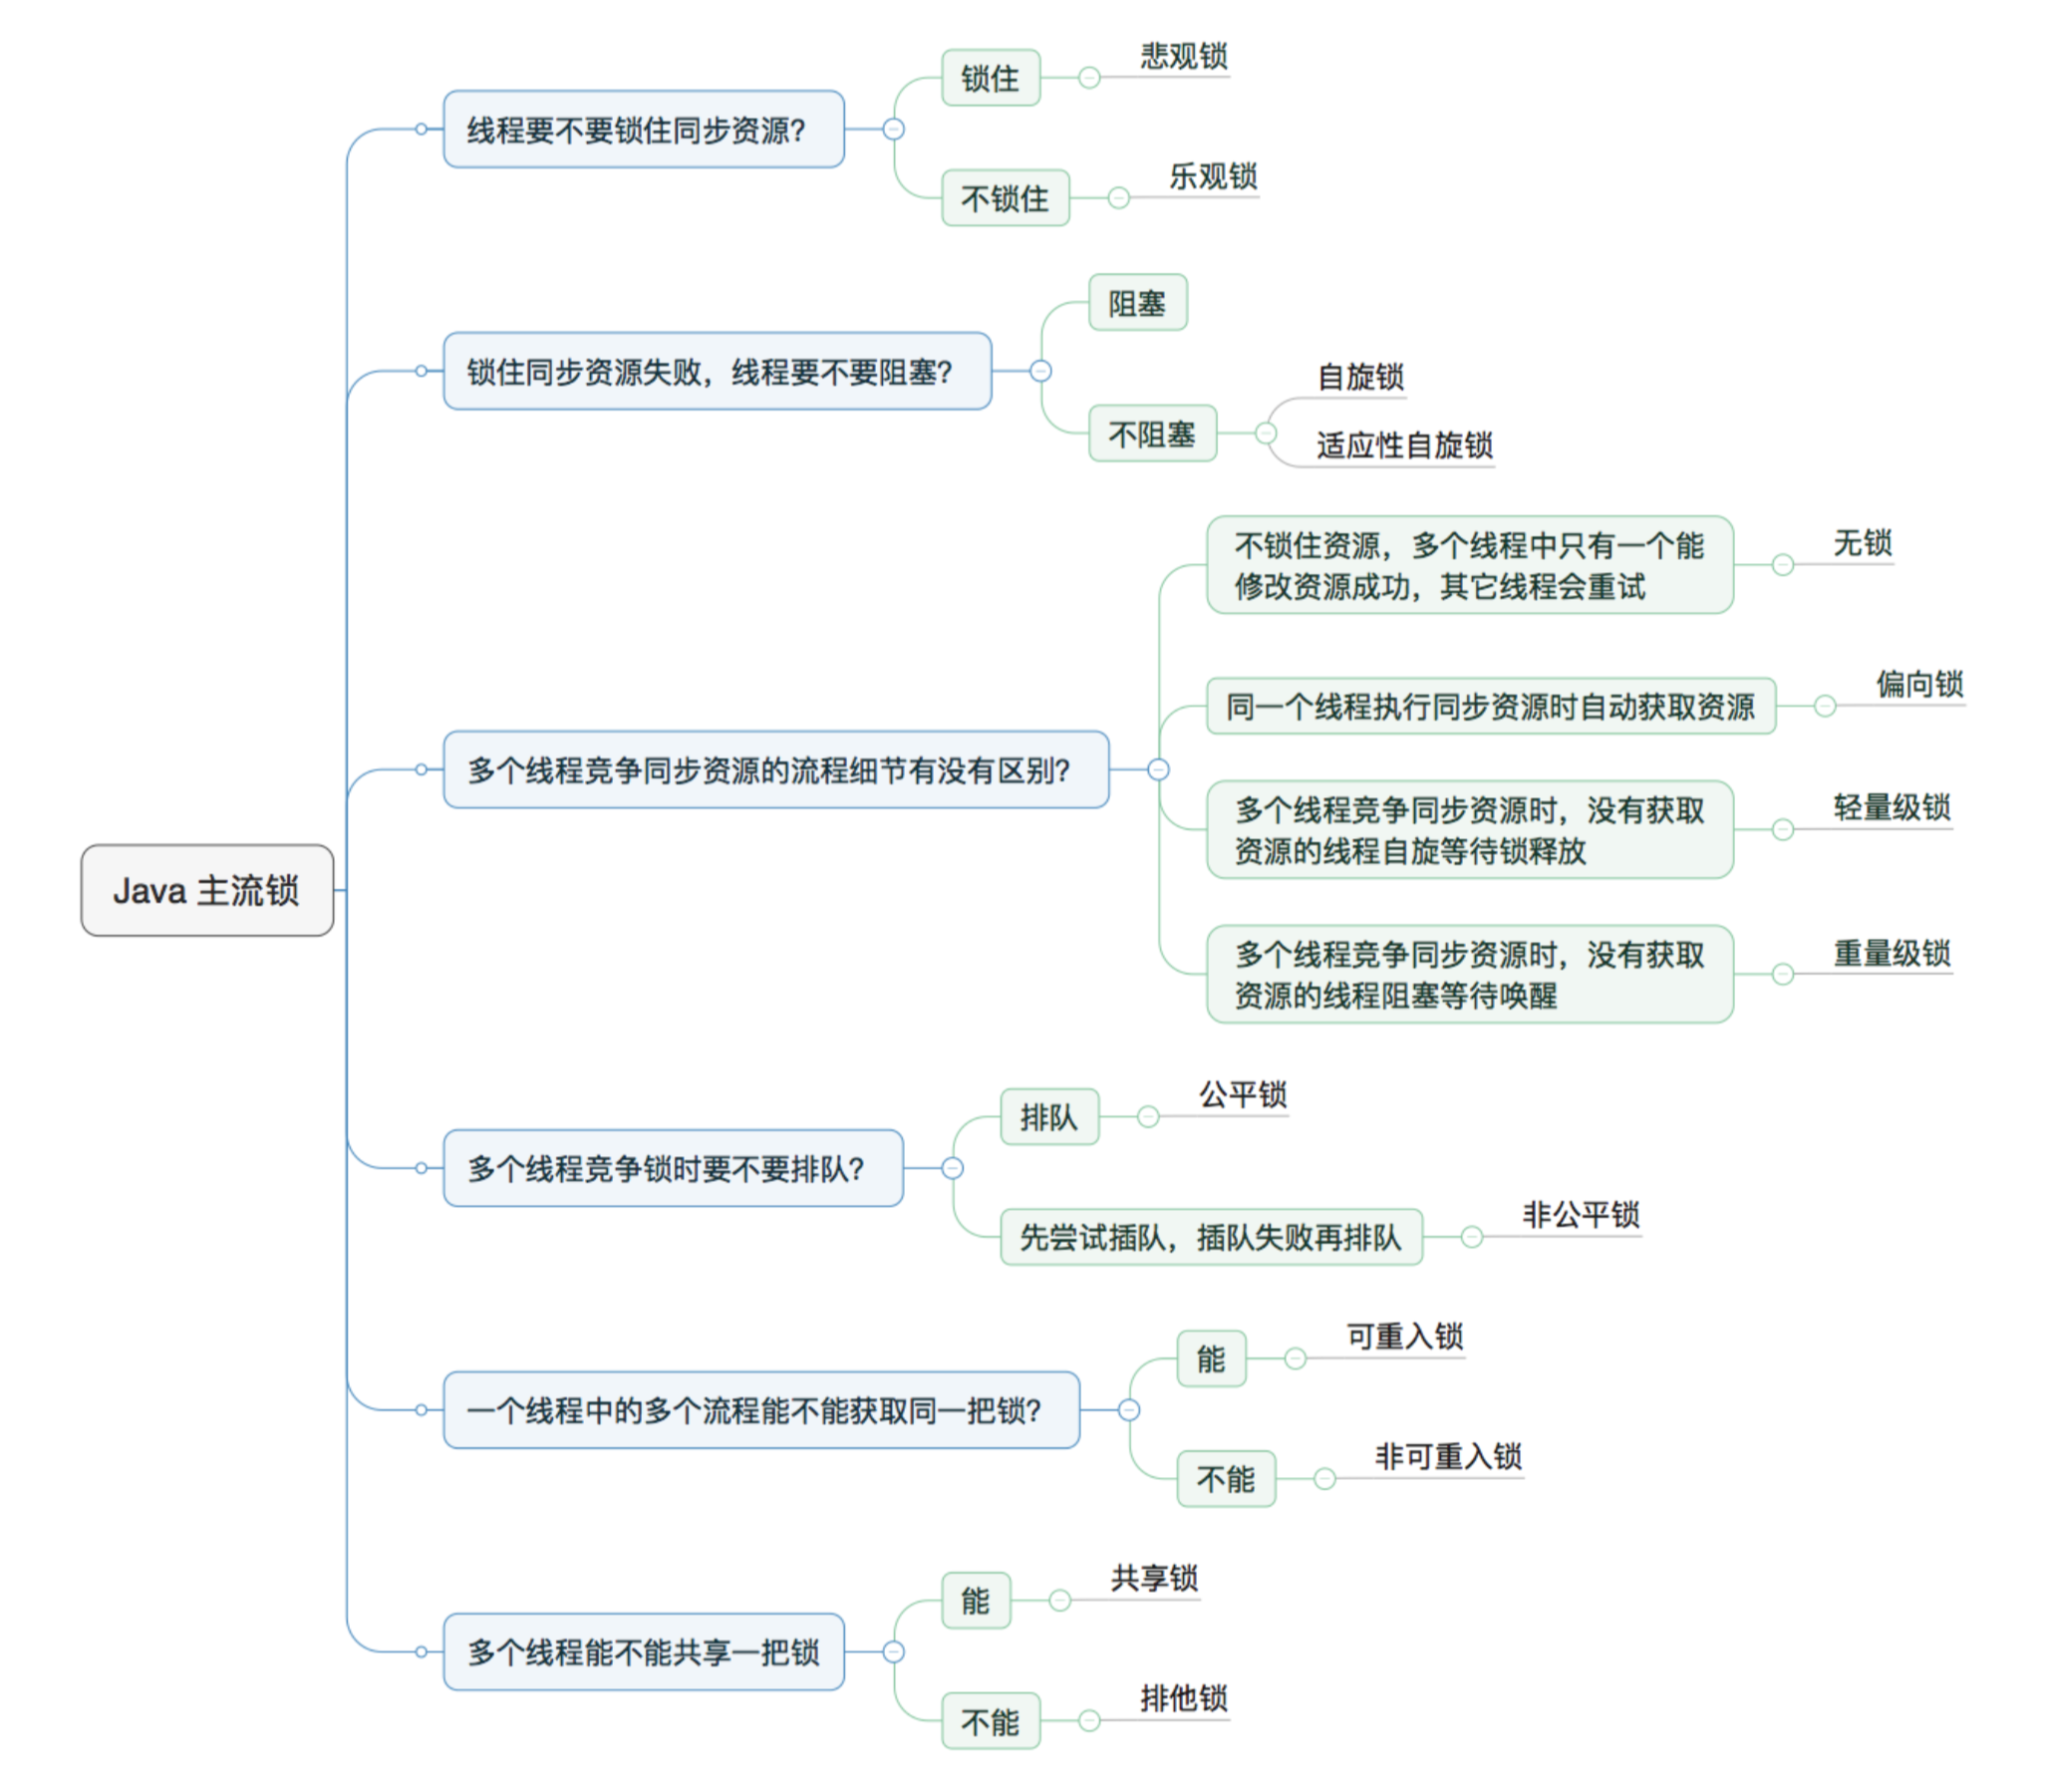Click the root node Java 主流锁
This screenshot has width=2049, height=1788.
click(x=207, y=890)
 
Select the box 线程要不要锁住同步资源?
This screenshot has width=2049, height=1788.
click(x=644, y=130)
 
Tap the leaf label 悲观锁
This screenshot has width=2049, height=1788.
click(x=1184, y=56)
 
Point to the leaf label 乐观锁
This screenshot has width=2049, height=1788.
click(x=1213, y=176)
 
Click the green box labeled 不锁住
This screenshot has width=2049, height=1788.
click(x=1006, y=197)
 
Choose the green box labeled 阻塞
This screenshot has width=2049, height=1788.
click(x=1138, y=302)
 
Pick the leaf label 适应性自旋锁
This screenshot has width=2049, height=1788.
click(x=1404, y=445)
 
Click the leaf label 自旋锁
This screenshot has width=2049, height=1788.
click(x=1360, y=376)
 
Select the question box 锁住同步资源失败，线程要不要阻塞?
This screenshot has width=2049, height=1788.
click(x=718, y=371)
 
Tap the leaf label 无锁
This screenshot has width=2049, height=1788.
click(x=1863, y=543)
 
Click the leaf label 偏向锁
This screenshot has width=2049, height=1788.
click(x=1920, y=684)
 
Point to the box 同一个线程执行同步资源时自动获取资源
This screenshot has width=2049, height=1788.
click(x=1491, y=707)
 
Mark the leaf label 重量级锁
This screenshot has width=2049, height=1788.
click(x=1892, y=953)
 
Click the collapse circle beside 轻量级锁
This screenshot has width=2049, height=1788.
click(x=1783, y=829)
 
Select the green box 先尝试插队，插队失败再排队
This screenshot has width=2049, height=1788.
click(x=1211, y=1237)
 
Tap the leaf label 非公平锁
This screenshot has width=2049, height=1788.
click(x=1582, y=1214)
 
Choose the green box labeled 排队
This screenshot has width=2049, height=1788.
click(x=1049, y=1116)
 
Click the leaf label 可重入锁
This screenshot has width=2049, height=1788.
click(x=1404, y=1336)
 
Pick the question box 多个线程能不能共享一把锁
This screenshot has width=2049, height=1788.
click(x=644, y=1652)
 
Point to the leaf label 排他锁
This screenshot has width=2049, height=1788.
click(x=1184, y=1698)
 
